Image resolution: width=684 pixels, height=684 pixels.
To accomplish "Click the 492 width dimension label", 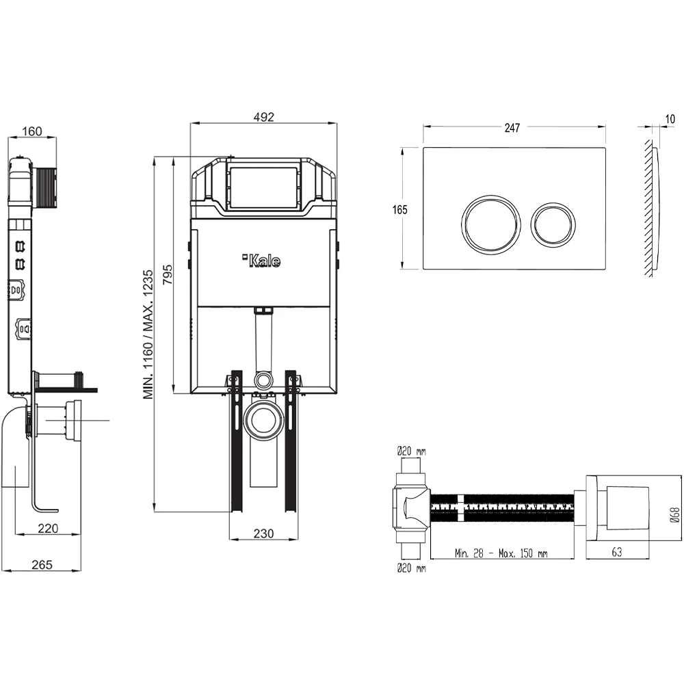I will click(263, 117).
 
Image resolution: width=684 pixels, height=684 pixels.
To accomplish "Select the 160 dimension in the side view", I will click(32, 131).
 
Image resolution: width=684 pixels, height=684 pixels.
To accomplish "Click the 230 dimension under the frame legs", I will click(263, 533).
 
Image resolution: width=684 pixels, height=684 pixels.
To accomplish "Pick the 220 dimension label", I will click(47, 527).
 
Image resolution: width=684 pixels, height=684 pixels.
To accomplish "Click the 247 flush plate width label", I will click(513, 127).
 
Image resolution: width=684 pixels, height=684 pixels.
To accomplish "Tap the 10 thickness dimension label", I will click(670, 119).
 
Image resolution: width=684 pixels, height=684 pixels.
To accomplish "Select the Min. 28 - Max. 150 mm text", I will click(501, 553).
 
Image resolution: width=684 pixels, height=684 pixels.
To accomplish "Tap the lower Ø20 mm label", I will click(411, 568).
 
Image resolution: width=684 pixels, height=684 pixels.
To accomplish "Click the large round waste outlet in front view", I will click(263, 421).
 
